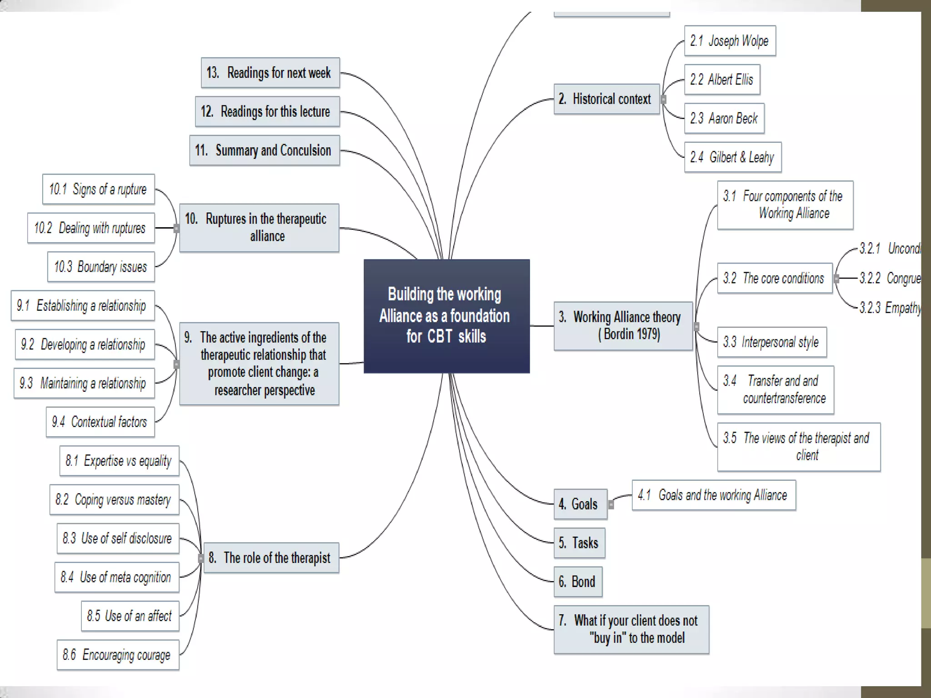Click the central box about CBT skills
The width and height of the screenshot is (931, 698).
[446, 316]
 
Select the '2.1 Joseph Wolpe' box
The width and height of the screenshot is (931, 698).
[730, 41]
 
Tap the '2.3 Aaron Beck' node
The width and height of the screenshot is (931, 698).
[724, 119]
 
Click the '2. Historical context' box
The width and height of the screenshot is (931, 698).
[606, 99]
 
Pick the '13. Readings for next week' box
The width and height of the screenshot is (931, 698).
[270, 73]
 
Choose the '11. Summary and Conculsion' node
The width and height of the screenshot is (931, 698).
[264, 150]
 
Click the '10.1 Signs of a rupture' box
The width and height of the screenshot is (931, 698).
[98, 189]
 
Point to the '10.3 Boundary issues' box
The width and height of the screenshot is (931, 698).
[101, 267]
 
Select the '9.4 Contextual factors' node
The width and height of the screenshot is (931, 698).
[100, 422]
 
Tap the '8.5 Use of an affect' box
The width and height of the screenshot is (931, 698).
[130, 616]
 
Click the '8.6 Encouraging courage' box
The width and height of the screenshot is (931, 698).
[118, 655]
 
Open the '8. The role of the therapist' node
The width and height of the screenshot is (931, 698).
[271, 558]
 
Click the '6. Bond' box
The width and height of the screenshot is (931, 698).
[578, 582]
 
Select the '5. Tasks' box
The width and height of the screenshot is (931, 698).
[579, 543]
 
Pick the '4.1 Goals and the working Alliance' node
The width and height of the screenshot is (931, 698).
[713, 495]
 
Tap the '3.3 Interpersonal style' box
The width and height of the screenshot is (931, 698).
[771, 342]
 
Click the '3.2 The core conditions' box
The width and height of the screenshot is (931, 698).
[774, 278]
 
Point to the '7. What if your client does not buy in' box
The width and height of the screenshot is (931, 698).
[631, 629]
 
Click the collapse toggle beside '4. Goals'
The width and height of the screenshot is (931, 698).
[611, 504]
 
